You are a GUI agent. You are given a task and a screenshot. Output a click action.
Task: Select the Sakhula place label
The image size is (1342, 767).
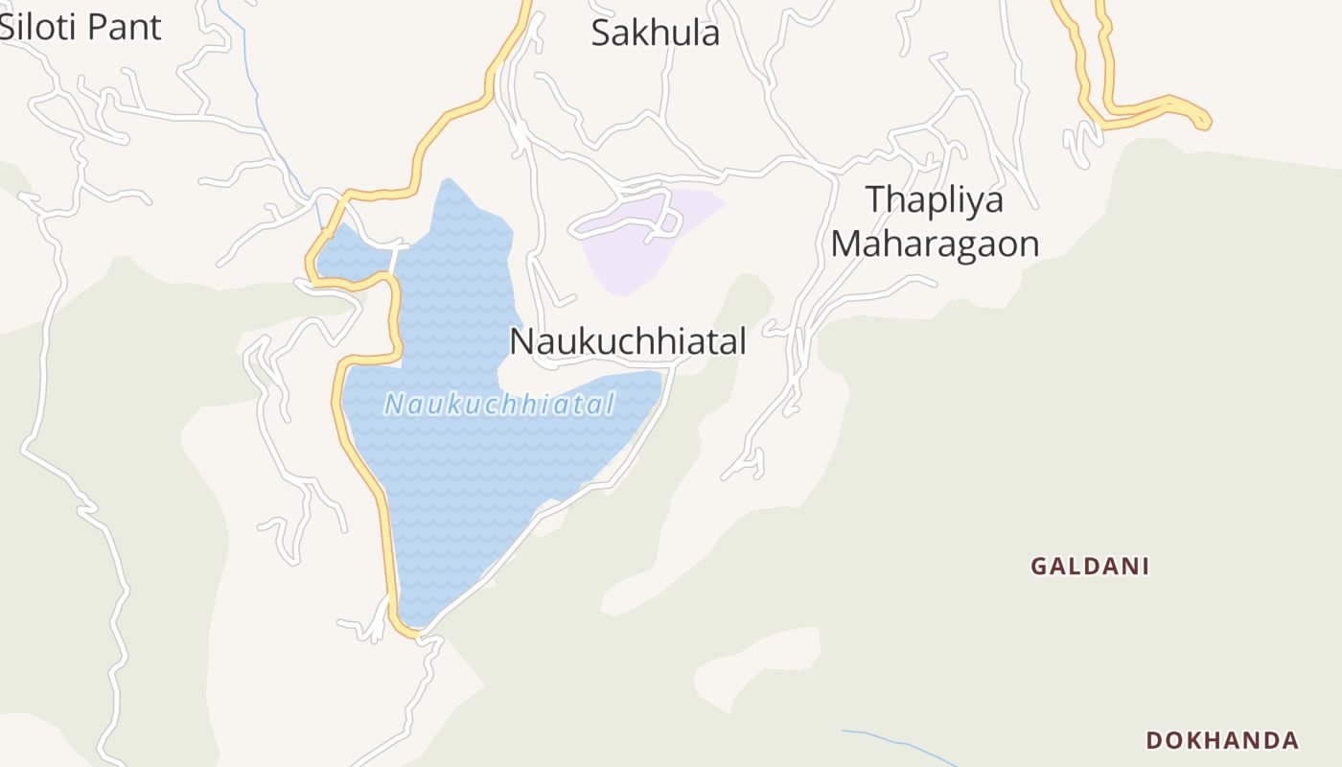[x=655, y=34]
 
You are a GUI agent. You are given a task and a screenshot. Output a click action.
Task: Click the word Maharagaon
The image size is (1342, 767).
[x=935, y=244]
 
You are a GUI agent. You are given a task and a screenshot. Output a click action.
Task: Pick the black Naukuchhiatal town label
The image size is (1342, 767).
[x=627, y=341]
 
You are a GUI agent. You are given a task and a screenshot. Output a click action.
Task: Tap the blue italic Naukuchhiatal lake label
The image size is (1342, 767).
[x=498, y=405]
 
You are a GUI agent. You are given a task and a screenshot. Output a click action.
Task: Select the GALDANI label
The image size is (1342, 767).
[x=1089, y=567]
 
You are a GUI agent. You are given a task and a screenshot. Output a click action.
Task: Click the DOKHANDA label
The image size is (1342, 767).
[x=1222, y=740]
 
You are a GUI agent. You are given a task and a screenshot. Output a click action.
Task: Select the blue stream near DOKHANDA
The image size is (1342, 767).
[x=896, y=740]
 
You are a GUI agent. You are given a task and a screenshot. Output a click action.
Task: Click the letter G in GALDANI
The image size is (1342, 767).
[x=1038, y=567]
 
